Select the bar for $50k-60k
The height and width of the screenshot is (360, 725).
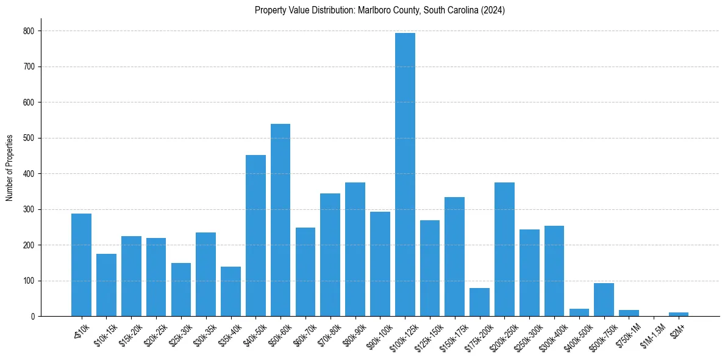[280, 220]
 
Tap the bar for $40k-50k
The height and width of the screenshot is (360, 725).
[255, 236]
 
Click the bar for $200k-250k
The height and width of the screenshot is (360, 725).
[504, 250]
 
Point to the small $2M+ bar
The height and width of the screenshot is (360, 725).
[679, 314]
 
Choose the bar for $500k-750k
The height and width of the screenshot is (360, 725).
[604, 300]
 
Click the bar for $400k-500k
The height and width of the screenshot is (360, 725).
[579, 312]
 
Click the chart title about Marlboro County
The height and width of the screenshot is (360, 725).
[379, 10]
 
